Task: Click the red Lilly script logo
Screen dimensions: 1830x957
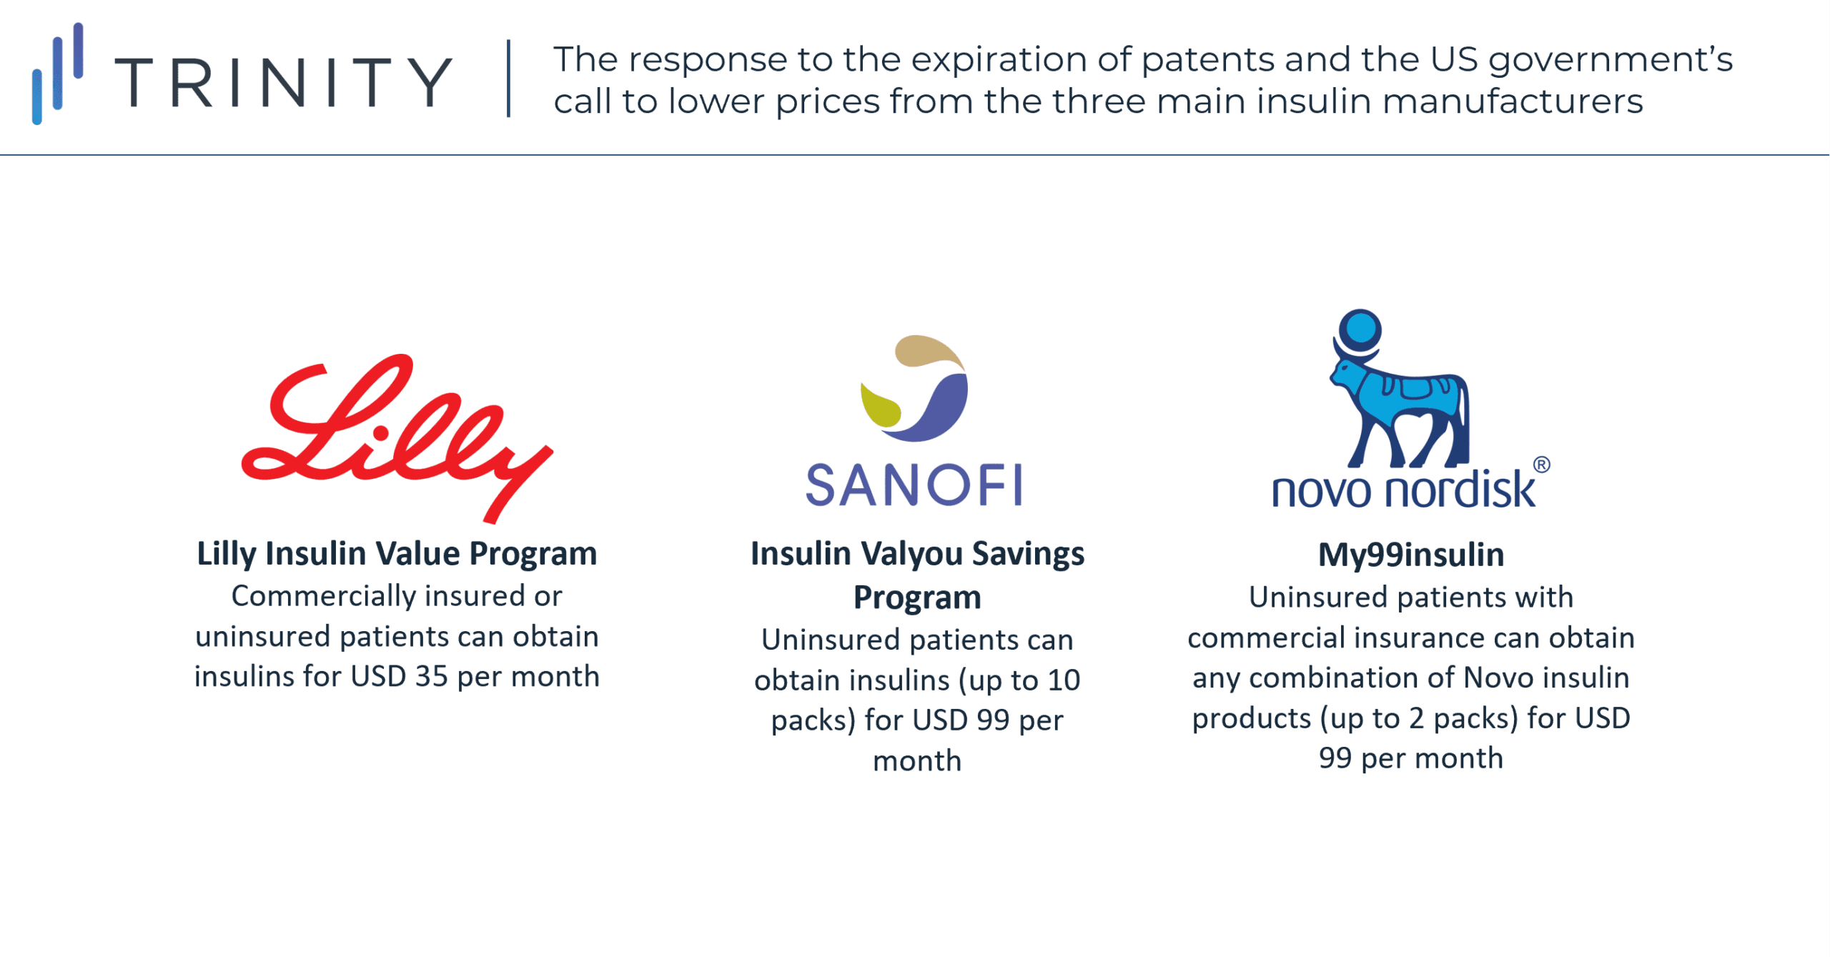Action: (397, 438)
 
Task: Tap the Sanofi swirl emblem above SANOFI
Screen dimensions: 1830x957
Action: (914, 387)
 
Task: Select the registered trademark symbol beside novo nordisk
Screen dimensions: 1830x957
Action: (1542, 465)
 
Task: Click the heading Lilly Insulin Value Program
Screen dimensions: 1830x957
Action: (397, 554)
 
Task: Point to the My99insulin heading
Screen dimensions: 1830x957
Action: (1411, 555)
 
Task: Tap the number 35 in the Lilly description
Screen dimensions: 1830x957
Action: (431, 677)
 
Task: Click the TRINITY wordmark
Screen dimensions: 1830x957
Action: (283, 82)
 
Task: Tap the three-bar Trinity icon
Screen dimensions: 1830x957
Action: (58, 74)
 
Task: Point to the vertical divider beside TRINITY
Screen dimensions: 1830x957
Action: (509, 78)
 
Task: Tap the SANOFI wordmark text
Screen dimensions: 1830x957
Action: (914, 485)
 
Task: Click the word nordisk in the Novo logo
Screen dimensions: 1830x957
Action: (1459, 490)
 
